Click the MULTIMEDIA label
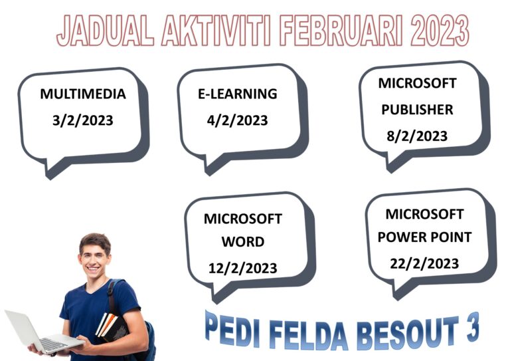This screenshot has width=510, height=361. (x=83, y=94)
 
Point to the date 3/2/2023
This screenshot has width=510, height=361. (x=83, y=120)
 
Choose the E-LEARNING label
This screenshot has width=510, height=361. (x=237, y=94)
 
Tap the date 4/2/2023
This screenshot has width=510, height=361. (x=237, y=120)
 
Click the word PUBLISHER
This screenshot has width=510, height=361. (x=417, y=110)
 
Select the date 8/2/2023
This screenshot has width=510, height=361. (x=417, y=136)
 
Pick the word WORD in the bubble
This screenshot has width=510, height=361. (x=242, y=241)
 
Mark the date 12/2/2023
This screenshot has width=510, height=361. (x=242, y=268)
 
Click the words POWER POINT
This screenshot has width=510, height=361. (x=425, y=237)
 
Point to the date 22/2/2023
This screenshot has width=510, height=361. (x=425, y=263)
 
